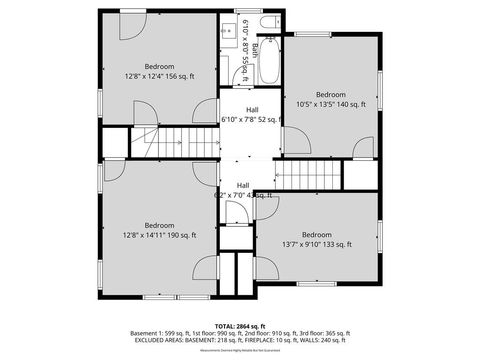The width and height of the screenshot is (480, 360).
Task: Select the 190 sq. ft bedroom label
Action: [159, 230]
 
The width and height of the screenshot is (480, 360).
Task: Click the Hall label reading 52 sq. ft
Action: [248, 114]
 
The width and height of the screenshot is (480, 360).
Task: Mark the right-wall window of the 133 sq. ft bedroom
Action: [381, 236]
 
